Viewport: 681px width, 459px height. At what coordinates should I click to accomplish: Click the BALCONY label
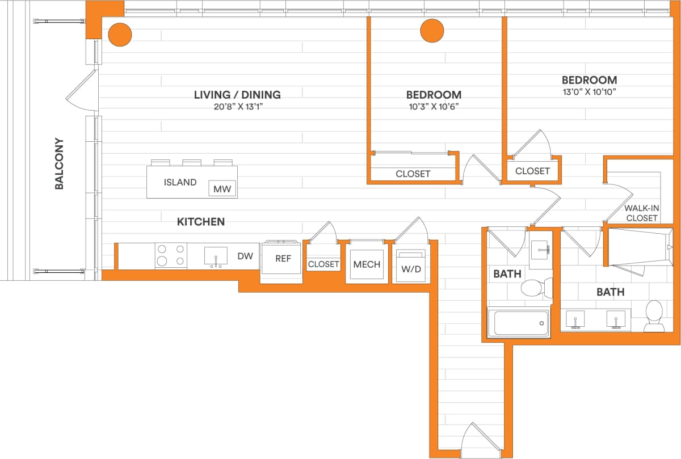(59, 163)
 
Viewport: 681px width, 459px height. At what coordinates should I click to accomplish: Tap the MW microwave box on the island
(222, 189)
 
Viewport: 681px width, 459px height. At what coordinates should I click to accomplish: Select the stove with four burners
(171, 255)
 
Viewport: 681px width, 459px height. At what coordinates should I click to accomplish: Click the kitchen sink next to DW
(216, 256)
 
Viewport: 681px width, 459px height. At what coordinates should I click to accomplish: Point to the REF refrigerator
(283, 259)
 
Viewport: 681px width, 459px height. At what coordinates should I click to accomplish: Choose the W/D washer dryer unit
(411, 266)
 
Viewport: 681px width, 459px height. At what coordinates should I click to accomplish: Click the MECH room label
(367, 264)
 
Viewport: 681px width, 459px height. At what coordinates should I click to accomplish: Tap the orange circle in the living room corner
(120, 35)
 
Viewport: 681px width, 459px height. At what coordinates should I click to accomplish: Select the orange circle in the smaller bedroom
(432, 31)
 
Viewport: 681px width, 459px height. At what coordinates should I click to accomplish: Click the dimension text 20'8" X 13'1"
(237, 106)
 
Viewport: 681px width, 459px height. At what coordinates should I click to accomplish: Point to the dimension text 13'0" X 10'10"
(589, 91)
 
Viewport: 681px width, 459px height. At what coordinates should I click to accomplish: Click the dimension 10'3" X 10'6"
(434, 106)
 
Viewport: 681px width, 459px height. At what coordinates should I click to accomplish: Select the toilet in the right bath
(654, 316)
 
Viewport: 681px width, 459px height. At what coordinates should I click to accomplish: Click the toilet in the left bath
(533, 288)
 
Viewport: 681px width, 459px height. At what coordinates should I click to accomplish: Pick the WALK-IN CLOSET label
(641, 213)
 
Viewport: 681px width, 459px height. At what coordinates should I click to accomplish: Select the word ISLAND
(180, 183)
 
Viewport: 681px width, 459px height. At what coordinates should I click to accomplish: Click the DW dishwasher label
(245, 256)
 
